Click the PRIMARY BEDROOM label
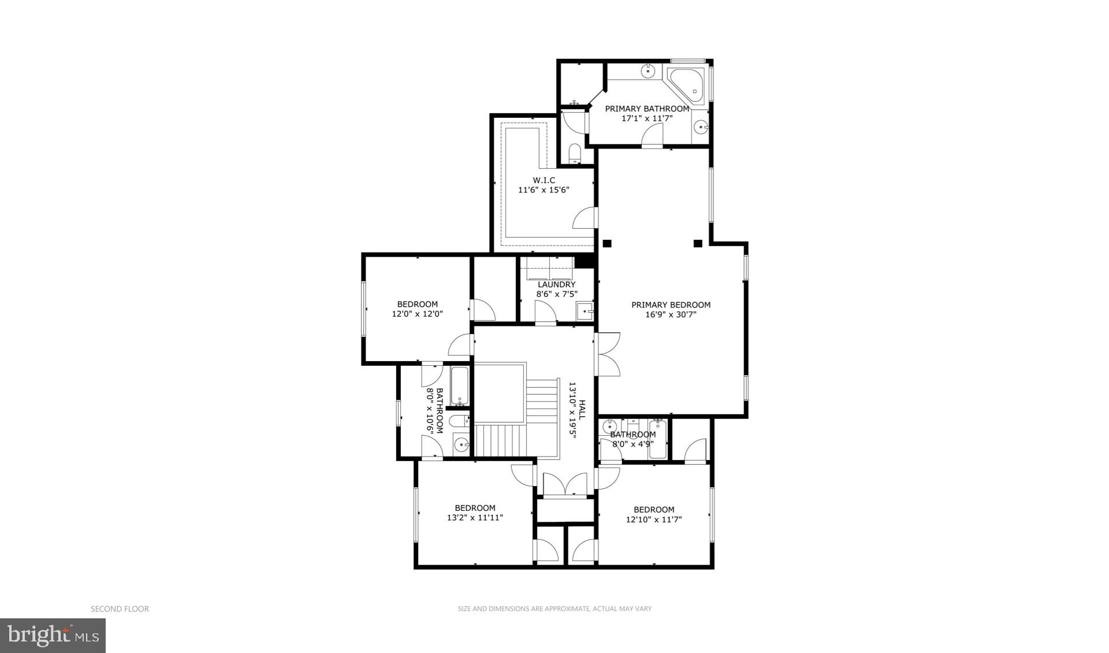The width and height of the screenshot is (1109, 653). pyautogui.click(x=671, y=305)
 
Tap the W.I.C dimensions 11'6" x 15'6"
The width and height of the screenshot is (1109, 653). pyautogui.click(x=544, y=190)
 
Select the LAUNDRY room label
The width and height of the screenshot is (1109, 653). pyautogui.click(x=556, y=284)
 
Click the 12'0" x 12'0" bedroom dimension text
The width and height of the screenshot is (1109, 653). pyautogui.click(x=418, y=314)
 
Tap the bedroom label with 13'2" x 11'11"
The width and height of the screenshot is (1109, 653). pyautogui.click(x=475, y=508)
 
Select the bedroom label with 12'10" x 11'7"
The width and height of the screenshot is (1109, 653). pyautogui.click(x=654, y=510)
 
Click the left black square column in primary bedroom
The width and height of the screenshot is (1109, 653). pyautogui.click(x=606, y=243)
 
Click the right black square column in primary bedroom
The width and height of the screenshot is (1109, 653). pyautogui.click(x=698, y=243)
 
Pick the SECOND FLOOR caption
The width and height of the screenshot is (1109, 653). pyautogui.click(x=120, y=609)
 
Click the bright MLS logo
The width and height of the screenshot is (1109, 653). pyautogui.click(x=53, y=636)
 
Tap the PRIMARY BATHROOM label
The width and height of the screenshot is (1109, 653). pyautogui.click(x=647, y=109)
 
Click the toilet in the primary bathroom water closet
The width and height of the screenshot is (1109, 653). pyautogui.click(x=575, y=154)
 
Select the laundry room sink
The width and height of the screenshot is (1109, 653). pyautogui.click(x=585, y=311)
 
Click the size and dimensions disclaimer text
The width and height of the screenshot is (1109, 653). pyautogui.click(x=554, y=609)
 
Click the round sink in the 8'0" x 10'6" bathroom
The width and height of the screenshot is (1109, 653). pyautogui.click(x=461, y=444)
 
